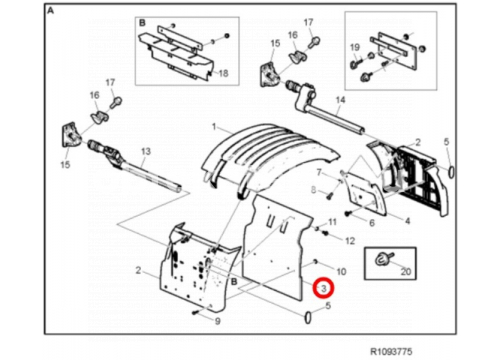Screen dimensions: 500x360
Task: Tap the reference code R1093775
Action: point(391,352)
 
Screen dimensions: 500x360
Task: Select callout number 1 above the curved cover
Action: point(214,127)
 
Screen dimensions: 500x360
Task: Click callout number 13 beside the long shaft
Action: point(146,151)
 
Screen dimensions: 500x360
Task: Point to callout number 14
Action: point(340,100)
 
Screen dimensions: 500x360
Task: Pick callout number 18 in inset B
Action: point(223,73)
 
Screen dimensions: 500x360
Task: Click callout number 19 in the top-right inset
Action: point(355,47)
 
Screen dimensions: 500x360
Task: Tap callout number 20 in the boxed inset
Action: point(405,272)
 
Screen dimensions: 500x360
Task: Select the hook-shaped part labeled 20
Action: point(382,259)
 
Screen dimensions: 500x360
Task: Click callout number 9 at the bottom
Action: point(217,321)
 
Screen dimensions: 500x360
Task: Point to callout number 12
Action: point(350,241)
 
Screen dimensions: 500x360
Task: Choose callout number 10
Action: point(341,272)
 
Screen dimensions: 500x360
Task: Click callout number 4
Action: point(407,221)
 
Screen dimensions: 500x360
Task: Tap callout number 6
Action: point(372,223)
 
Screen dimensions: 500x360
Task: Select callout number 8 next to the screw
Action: point(313,190)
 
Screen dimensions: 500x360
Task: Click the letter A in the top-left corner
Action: point(50,11)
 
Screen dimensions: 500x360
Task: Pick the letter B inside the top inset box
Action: point(142,23)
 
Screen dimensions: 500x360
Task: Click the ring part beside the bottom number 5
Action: point(308,317)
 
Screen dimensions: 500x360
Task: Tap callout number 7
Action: point(319,173)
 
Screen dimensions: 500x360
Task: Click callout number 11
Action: point(332,222)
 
